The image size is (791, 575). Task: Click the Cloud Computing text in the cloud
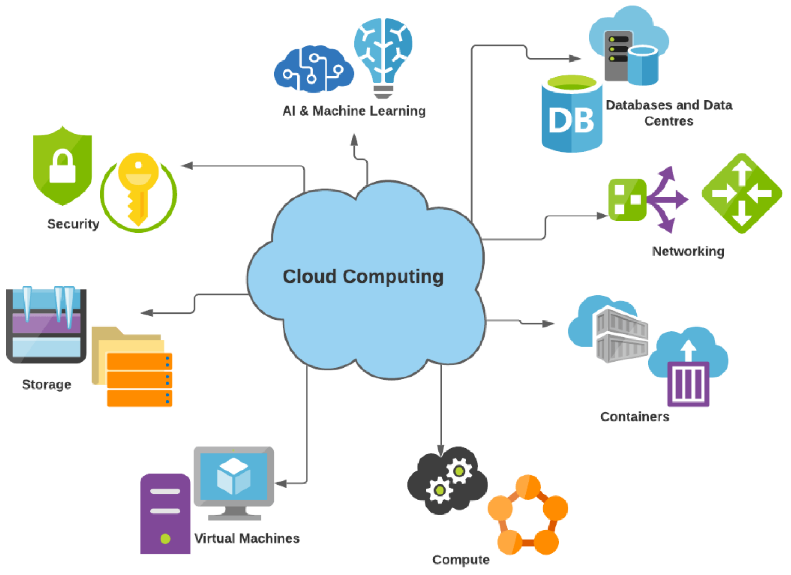(x=363, y=277)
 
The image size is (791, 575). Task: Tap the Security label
(x=73, y=224)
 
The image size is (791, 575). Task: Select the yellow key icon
(x=138, y=187)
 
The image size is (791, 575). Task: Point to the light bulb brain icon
(x=383, y=56)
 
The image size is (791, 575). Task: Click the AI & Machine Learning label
(x=354, y=111)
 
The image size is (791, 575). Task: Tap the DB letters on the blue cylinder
(x=571, y=120)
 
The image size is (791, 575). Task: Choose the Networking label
(x=688, y=251)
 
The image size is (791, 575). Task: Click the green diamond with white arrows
(x=742, y=193)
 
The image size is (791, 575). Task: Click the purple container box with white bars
(x=688, y=384)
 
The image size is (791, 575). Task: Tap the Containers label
(x=634, y=417)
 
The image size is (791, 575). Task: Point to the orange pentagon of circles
(x=528, y=515)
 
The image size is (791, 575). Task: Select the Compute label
(x=461, y=560)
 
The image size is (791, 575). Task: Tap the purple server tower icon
(x=165, y=514)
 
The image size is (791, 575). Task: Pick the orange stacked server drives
(x=140, y=380)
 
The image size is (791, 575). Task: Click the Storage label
(x=46, y=385)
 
